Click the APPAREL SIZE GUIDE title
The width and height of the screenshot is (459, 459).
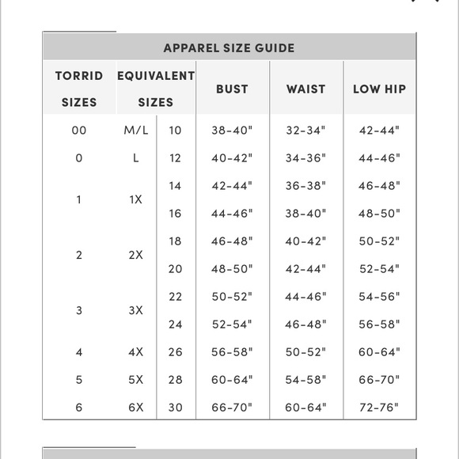click(229, 47)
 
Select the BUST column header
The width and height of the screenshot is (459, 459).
click(231, 89)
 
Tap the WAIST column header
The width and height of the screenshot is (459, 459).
click(305, 89)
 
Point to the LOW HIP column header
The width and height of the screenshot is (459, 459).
click(379, 89)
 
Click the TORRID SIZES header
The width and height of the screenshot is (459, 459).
click(79, 89)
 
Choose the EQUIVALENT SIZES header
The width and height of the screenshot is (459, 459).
click(155, 89)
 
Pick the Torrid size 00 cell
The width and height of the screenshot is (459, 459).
click(79, 131)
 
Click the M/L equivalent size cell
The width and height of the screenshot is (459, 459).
click(136, 131)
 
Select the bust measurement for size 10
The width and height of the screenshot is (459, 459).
click(231, 131)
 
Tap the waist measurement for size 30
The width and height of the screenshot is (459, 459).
click(305, 408)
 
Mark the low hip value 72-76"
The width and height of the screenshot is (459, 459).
click(379, 408)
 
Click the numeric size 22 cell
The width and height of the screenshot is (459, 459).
click(175, 297)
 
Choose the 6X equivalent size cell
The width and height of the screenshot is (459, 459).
click(136, 408)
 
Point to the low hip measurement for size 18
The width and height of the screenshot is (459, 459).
click(379, 241)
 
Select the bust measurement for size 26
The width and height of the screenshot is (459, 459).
click(231, 352)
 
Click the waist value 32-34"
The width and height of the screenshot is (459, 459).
click(305, 131)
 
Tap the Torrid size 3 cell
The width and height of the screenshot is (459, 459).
click(79, 310)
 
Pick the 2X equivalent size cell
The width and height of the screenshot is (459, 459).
click(136, 255)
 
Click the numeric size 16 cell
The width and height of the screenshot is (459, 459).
click(175, 214)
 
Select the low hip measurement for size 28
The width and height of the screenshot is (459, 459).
click(379, 380)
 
